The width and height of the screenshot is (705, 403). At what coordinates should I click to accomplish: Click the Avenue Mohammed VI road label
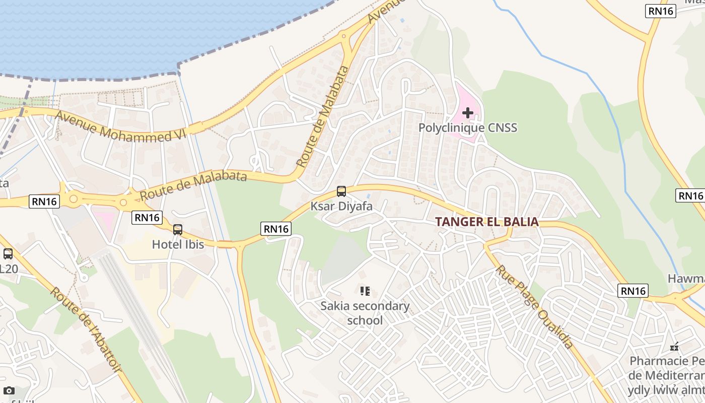point(120,126)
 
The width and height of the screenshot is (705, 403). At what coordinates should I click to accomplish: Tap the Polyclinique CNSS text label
point(468,128)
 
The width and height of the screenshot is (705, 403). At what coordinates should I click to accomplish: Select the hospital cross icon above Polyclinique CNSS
point(468,113)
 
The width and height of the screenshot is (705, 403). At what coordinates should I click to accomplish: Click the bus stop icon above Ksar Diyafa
point(341,191)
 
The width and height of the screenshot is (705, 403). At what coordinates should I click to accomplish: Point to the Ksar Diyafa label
point(341,206)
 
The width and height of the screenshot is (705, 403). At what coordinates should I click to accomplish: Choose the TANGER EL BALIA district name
point(487,222)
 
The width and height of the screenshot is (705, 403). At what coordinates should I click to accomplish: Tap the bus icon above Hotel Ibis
point(178,230)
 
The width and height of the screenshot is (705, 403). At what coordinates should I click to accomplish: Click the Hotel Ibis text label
point(178,244)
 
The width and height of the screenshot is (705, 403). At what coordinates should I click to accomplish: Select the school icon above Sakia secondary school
point(365,291)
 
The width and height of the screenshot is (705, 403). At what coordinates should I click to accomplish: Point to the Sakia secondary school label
point(365,313)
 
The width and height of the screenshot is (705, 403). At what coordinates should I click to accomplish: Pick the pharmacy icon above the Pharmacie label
point(674,347)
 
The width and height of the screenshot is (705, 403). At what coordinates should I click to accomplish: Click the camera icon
point(9,390)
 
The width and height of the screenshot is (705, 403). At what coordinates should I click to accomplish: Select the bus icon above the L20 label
point(8,254)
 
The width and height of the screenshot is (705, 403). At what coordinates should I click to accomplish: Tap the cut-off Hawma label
point(686,279)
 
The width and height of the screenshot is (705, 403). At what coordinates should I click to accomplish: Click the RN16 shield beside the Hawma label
point(633,291)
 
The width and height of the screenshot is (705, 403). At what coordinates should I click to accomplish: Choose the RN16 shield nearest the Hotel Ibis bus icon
point(148,218)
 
